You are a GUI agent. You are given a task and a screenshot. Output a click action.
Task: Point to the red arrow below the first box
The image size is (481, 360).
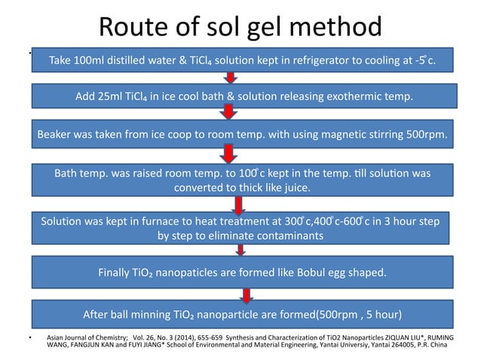(x=231, y=78)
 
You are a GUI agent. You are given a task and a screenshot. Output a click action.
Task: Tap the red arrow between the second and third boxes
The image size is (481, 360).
(x=227, y=113)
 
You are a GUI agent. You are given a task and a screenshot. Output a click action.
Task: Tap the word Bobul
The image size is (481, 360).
(x=316, y=272)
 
